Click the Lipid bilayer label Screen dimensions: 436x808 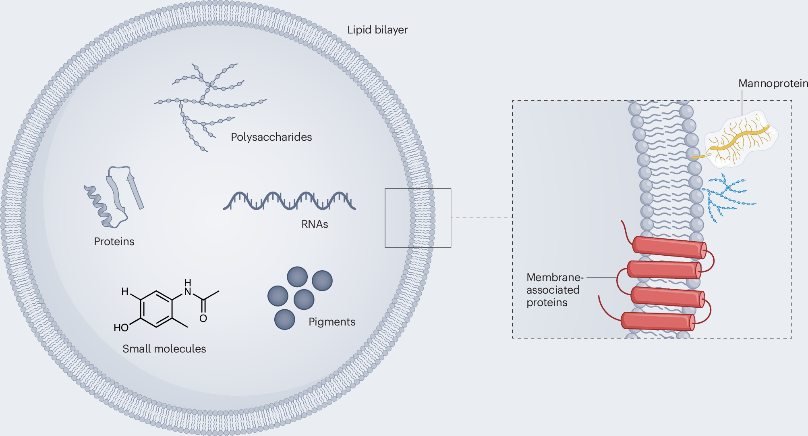(377, 30)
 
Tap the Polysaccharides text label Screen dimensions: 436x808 (271, 137)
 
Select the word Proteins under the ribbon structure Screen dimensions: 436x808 (114, 242)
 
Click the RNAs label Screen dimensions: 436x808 (315, 224)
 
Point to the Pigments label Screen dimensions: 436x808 (331, 322)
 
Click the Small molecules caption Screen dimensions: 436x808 (164, 349)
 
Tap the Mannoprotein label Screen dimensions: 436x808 (773, 83)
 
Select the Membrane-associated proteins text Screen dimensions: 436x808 (554, 290)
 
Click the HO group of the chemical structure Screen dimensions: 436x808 (121, 328)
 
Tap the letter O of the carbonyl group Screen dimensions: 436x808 (203, 319)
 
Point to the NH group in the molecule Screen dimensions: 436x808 (188, 288)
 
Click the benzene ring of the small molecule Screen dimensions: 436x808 (157, 309)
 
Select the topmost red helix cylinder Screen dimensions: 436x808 (669, 247)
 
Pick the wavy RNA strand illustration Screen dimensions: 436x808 (289, 201)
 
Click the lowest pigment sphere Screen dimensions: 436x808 (284, 319)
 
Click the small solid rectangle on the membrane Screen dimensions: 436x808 (418, 218)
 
